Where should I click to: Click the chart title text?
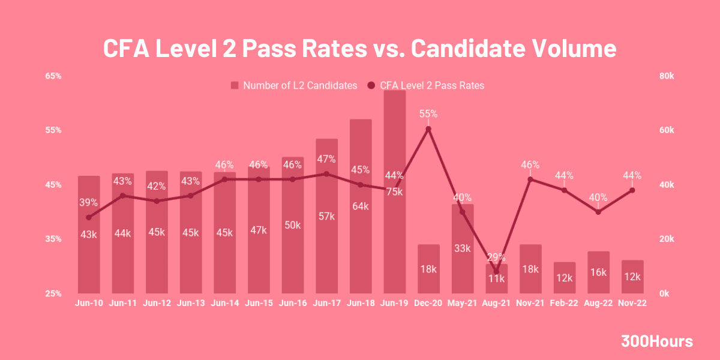click(x=360, y=49)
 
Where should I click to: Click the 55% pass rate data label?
click(x=428, y=114)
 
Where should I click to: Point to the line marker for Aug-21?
click(x=496, y=272)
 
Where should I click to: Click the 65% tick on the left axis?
click(x=53, y=77)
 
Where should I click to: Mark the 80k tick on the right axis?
click(x=666, y=77)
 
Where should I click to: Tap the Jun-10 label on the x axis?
click(x=89, y=304)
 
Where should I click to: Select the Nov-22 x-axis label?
click(x=632, y=304)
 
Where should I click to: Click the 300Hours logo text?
click(x=656, y=341)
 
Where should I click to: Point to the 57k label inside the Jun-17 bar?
click(x=326, y=217)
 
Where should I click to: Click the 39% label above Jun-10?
click(x=89, y=202)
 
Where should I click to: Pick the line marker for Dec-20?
click(x=428, y=129)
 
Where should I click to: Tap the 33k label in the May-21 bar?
click(x=463, y=248)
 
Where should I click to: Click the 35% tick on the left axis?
click(x=53, y=239)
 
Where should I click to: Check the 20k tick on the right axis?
click(x=666, y=239)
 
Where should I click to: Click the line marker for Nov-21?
click(x=530, y=179)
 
